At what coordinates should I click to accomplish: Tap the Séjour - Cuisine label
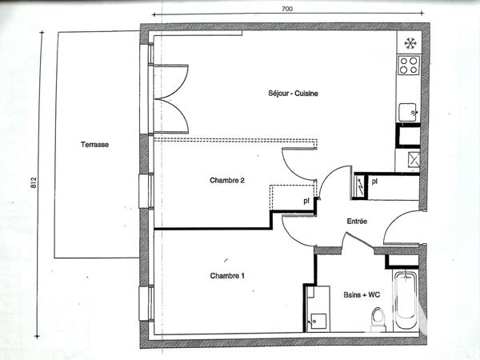coord(294,94)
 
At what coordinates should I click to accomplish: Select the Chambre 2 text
coord(226,180)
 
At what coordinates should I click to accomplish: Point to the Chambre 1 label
coord(226,276)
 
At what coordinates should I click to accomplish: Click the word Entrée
coord(357,222)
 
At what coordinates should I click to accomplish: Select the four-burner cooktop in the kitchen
coord(409,66)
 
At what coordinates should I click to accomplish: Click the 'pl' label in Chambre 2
coord(306,201)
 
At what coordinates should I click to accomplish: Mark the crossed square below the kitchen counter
coord(413,159)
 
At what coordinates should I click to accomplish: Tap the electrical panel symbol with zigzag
coord(360,186)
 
